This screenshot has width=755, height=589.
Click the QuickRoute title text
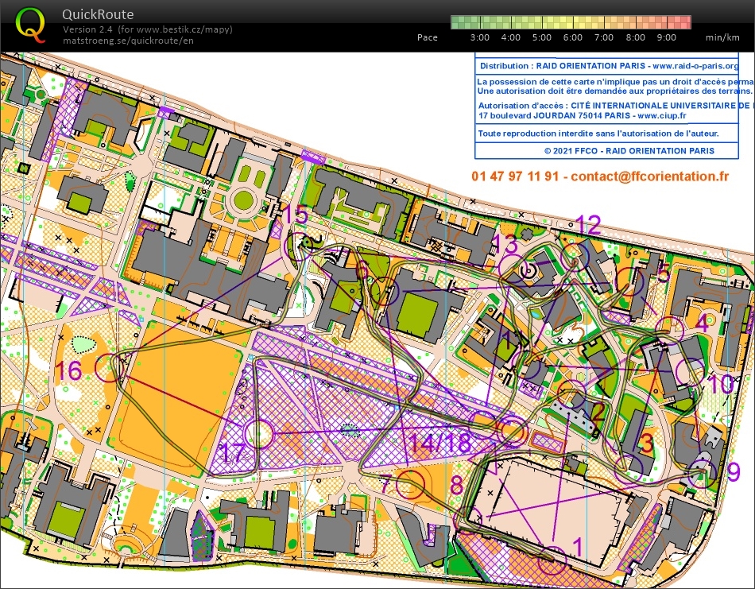(98, 14)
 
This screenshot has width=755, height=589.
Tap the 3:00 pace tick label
(479, 37)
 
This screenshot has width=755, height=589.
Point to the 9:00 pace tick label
(666, 37)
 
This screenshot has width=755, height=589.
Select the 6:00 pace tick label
(572, 37)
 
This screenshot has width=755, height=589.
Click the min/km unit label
(722, 37)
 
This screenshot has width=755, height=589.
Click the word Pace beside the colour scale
(427, 37)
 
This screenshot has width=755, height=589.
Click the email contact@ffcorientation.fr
(649, 176)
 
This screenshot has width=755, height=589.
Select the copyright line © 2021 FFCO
(629, 150)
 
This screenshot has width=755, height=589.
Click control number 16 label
(68, 370)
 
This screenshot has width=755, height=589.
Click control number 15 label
(295, 215)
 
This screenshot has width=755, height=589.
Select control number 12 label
(588, 225)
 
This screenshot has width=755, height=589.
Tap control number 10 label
(722, 385)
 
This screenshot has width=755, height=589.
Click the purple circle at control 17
(258, 434)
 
